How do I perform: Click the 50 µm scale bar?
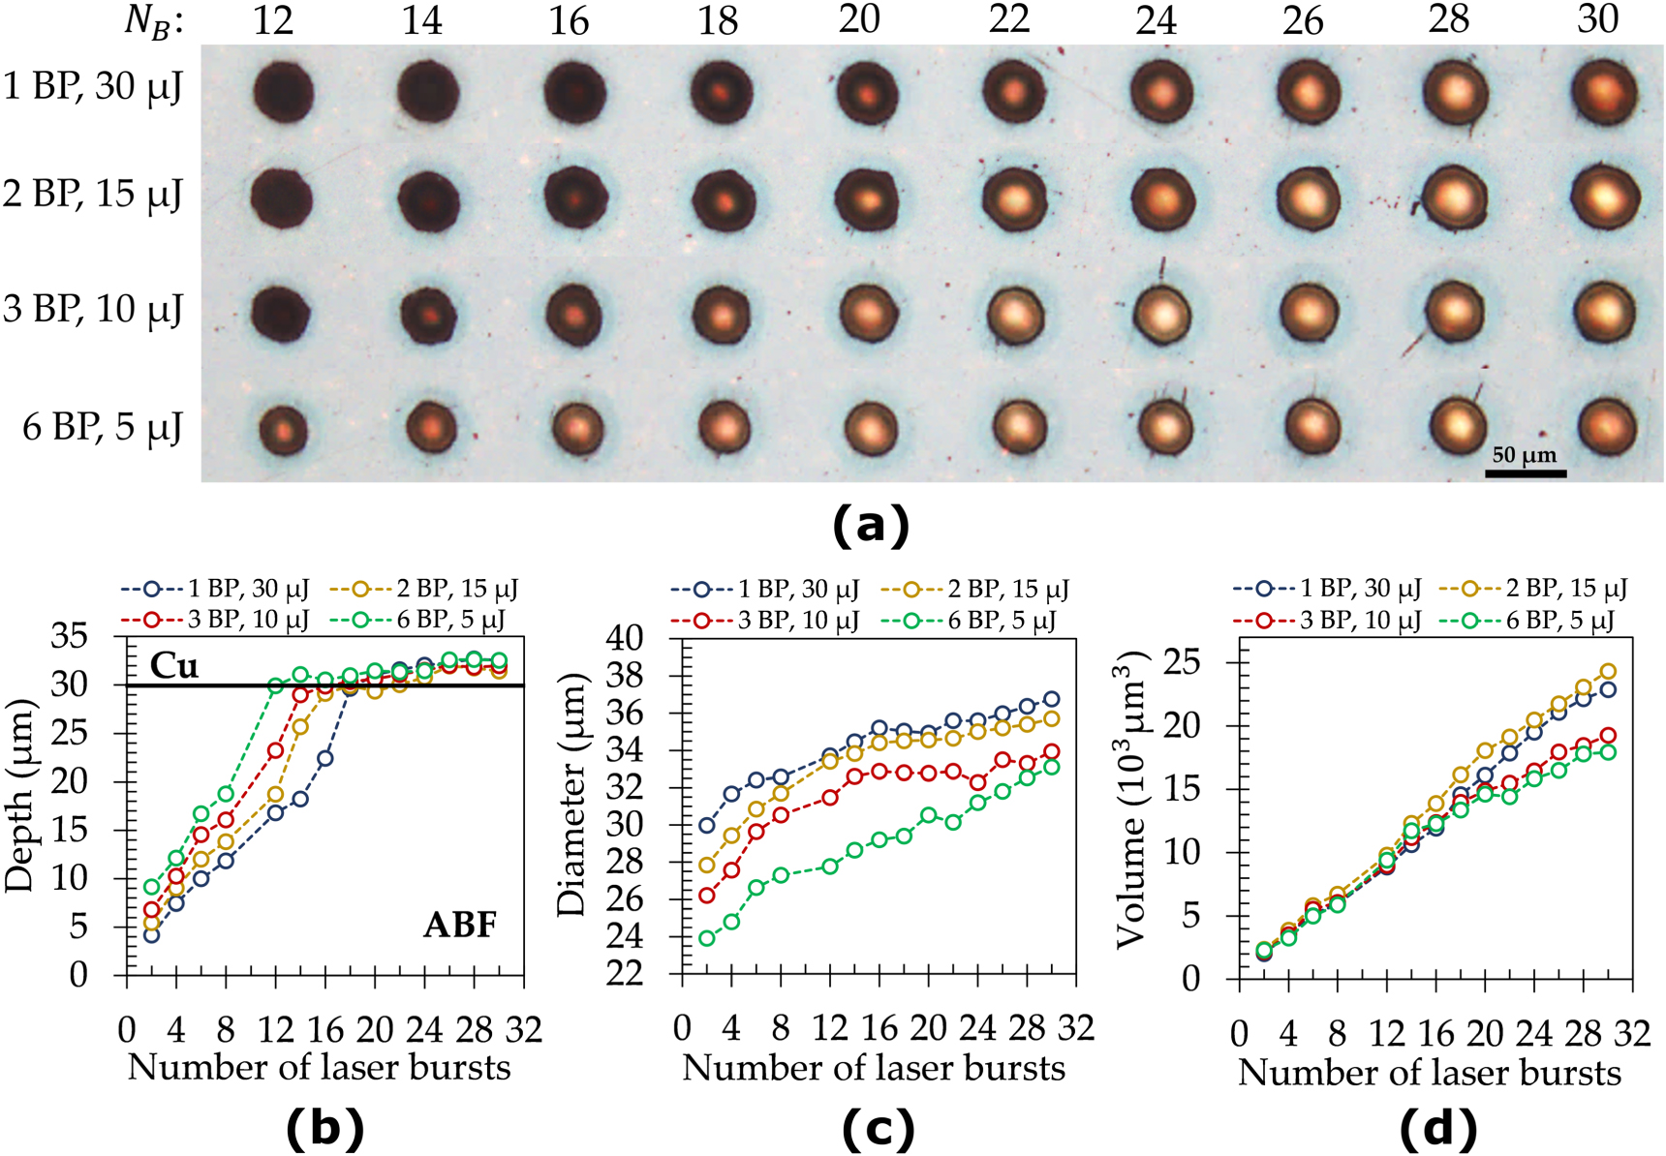point(1526,472)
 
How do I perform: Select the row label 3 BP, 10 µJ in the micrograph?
point(93,310)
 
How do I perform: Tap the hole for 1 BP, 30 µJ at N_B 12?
point(283,94)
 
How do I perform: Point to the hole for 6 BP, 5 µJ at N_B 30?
point(1607,427)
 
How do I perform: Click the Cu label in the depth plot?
point(174,666)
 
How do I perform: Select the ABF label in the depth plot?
point(460,926)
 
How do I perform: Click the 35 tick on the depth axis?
point(71,637)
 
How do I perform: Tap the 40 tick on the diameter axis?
point(625,638)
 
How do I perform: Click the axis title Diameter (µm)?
point(572,794)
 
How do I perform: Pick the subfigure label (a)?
point(871,525)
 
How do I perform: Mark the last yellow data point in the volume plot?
point(1607,671)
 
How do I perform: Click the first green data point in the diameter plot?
point(707,938)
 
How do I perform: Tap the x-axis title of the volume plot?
point(1430,1073)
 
